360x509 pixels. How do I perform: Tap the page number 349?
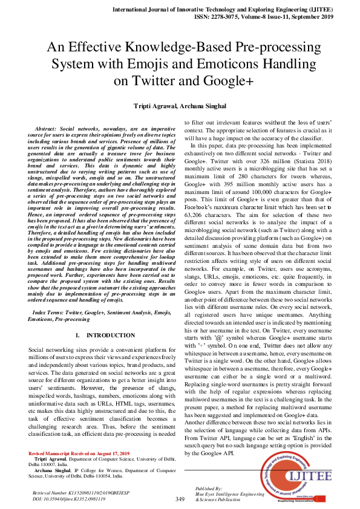(180, 499)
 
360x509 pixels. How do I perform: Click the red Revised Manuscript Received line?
(80, 453)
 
